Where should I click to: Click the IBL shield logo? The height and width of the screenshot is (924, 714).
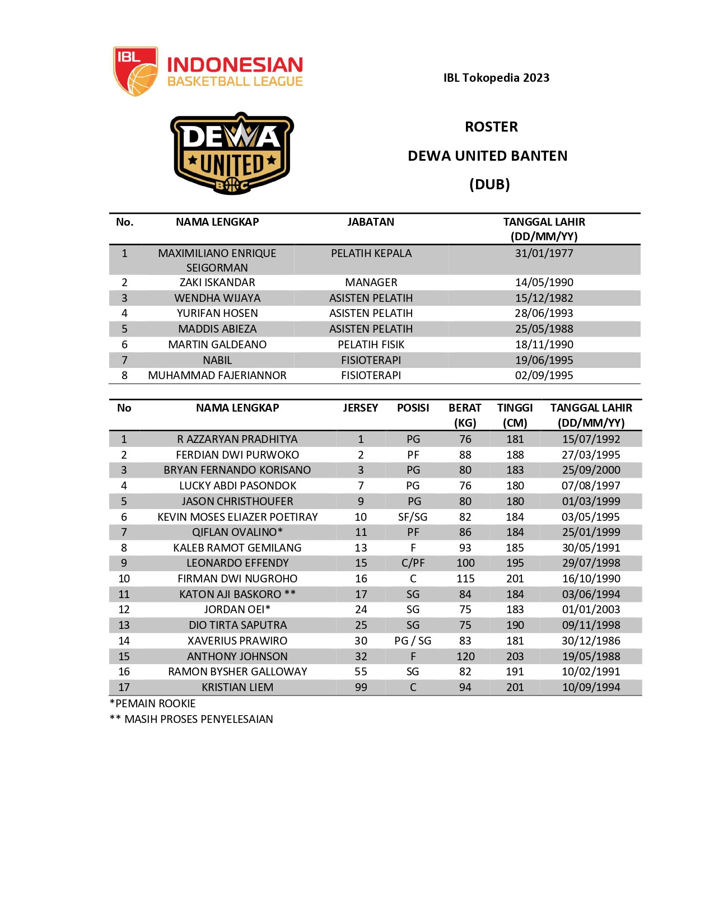tap(136, 71)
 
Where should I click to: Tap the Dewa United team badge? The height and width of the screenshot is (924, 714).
tap(232, 153)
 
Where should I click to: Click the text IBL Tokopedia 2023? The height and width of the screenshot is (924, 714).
tap(496, 78)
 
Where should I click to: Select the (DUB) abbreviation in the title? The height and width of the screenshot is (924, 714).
tap(489, 184)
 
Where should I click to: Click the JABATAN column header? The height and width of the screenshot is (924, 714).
tap(371, 222)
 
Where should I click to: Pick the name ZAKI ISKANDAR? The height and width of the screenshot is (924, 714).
tap(217, 282)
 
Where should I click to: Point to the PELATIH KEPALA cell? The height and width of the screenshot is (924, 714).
tap(371, 253)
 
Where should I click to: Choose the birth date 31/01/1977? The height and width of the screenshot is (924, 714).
tap(544, 253)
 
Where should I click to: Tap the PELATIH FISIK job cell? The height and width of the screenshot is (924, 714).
tap(371, 344)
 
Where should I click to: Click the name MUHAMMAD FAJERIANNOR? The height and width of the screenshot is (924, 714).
tap(217, 375)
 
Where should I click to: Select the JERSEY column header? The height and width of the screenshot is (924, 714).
tap(361, 408)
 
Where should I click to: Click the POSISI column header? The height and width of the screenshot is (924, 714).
tap(413, 408)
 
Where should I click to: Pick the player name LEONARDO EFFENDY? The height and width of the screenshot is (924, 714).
tap(237, 563)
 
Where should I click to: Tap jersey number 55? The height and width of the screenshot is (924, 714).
tap(361, 671)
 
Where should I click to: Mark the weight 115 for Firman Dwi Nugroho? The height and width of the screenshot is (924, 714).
tap(465, 578)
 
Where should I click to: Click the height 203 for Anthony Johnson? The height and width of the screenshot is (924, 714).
tap(515, 656)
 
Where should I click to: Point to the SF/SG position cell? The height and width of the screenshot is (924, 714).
tap(413, 517)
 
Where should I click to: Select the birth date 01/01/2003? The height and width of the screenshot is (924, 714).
tap(591, 609)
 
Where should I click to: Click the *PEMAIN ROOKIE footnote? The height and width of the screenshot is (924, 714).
tap(153, 703)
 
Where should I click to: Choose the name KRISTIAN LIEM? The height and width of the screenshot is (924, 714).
tap(237, 687)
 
